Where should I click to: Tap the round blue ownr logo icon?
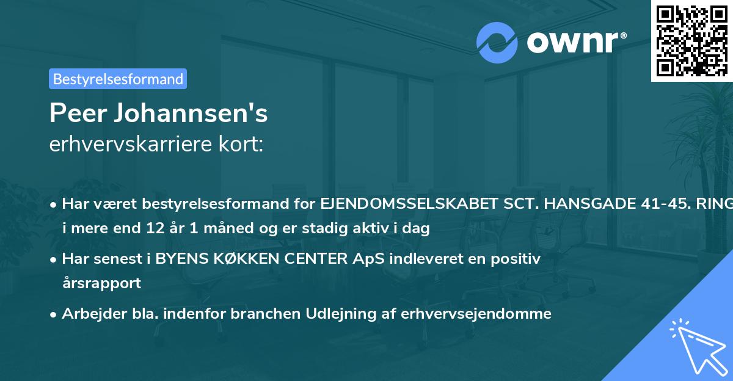pos(498,42)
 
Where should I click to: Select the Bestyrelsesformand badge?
pos(118,79)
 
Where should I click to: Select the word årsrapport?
pos(101,283)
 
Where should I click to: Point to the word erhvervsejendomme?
pos(477,313)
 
